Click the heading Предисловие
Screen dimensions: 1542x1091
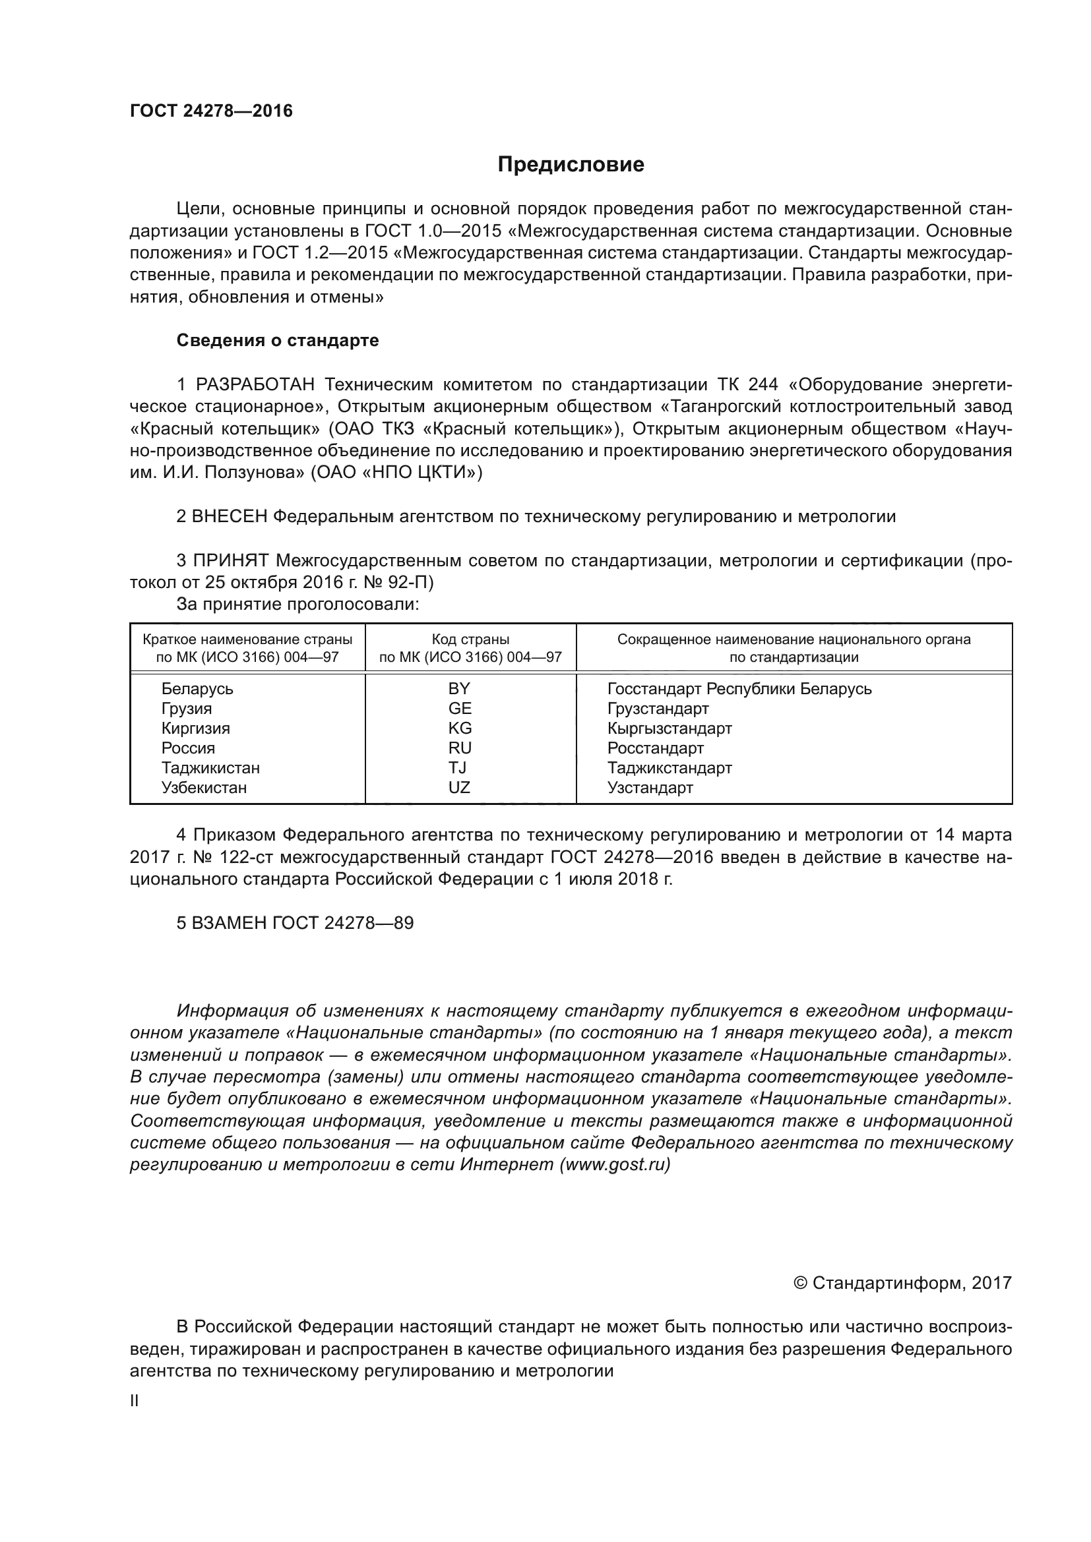coord(571,165)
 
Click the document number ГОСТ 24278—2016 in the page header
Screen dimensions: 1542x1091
coord(211,111)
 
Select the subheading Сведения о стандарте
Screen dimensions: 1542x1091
coord(278,340)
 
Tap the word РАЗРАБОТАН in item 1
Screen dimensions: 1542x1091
coord(255,385)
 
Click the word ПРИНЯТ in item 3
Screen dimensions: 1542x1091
coord(231,561)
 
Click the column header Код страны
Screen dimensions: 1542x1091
coord(470,639)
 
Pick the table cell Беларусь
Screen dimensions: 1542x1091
coord(197,689)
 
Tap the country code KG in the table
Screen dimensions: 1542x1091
coord(460,728)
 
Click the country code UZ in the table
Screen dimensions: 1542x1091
coord(460,788)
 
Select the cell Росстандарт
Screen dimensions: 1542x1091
coord(655,748)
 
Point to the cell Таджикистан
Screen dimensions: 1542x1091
coord(210,767)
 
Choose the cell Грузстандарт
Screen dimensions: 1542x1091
coord(658,709)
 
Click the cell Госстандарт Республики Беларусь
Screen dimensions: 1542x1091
coord(739,689)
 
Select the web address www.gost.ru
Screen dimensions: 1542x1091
coord(615,1165)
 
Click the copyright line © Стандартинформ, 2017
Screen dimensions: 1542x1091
coord(902,1284)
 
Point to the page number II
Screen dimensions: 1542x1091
coord(135,1401)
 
